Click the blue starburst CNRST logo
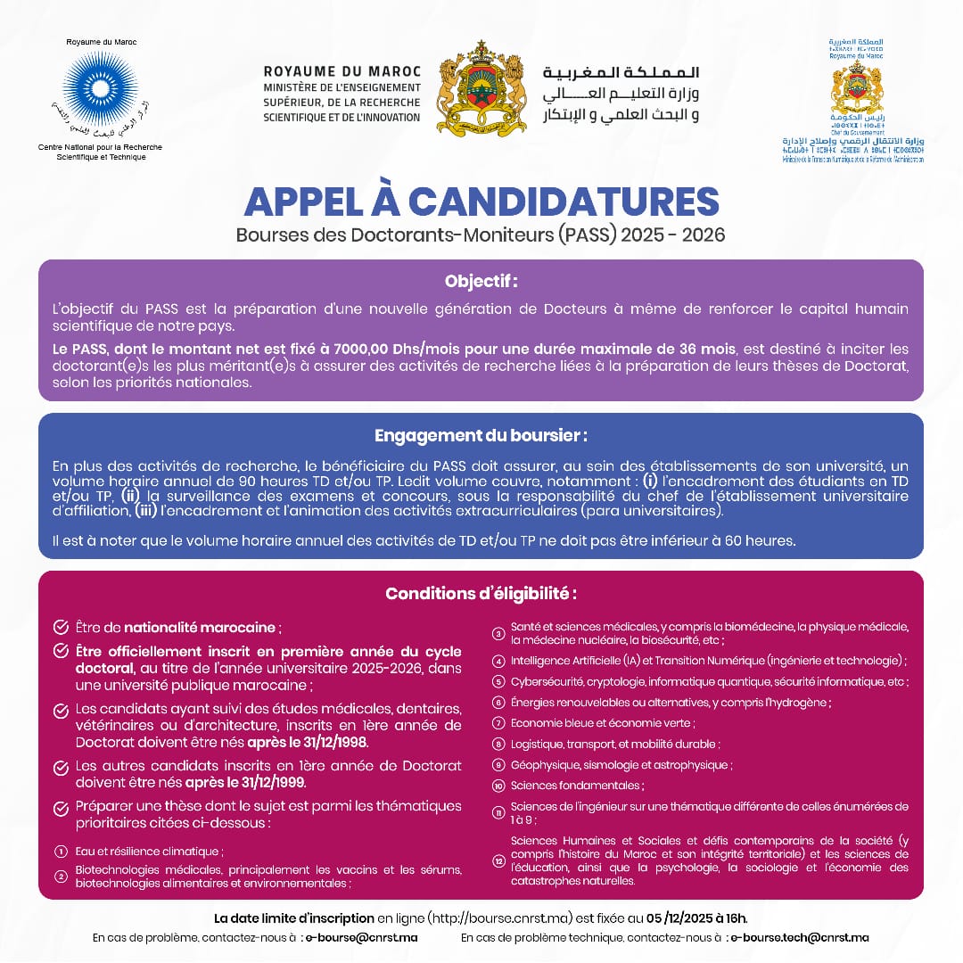click(101, 88)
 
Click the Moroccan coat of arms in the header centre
click(482, 88)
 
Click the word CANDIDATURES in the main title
click(564, 202)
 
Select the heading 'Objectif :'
click(481, 282)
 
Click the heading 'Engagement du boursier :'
click(481, 436)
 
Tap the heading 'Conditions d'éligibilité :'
click(481, 594)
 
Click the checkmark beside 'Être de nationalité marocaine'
click(61, 627)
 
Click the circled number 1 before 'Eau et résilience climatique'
click(61, 852)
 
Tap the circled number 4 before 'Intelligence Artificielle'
click(498, 661)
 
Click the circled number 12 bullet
click(498, 860)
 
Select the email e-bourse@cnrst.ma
click(361, 938)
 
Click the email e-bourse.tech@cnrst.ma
click(798, 938)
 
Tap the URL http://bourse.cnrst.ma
click(487, 918)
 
